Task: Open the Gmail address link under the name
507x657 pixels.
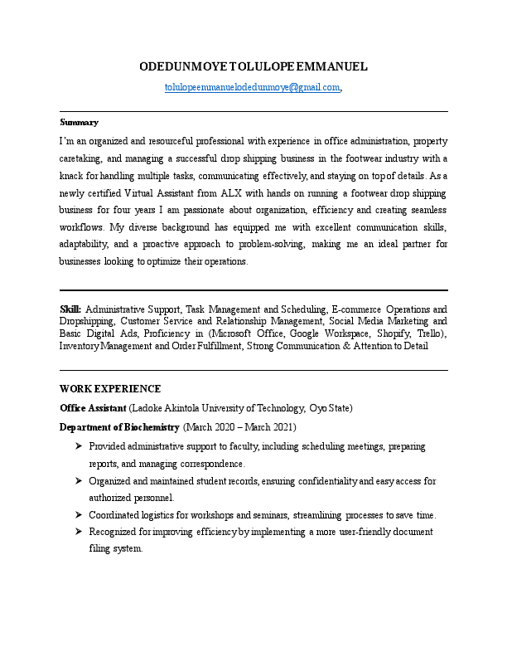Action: tap(253, 87)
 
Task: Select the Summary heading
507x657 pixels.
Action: tap(79, 122)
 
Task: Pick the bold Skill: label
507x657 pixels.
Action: tap(70, 309)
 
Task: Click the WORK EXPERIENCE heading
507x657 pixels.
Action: tap(110, 389)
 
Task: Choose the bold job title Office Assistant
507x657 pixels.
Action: tap(93, 408)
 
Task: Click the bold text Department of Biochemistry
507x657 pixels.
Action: tap(119, 427)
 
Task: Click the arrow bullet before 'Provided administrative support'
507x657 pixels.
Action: tap(77, 446)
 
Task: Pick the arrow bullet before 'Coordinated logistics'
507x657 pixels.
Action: tap(77, 515)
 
